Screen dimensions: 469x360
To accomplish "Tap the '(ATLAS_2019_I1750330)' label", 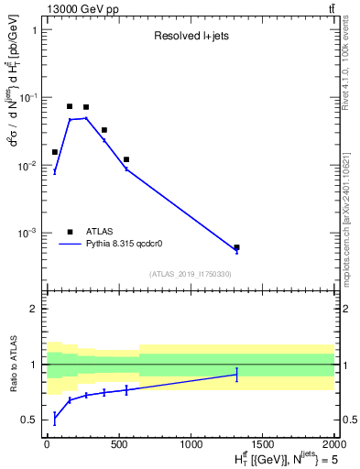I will click(x=191, y=274).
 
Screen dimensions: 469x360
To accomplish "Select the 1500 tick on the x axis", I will click(x=262, y=443).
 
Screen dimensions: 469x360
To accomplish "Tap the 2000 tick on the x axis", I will click(x=333, y=443).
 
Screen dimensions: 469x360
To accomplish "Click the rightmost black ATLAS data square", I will click(x=236, y=247).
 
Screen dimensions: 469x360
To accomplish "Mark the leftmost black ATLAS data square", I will click(x=55, y=152).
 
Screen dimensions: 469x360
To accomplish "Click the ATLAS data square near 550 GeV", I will click(x=126, y=159).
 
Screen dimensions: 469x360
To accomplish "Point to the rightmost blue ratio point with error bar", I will click(x=236, y=374).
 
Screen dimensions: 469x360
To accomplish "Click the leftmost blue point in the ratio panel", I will click(x=55, y=419).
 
